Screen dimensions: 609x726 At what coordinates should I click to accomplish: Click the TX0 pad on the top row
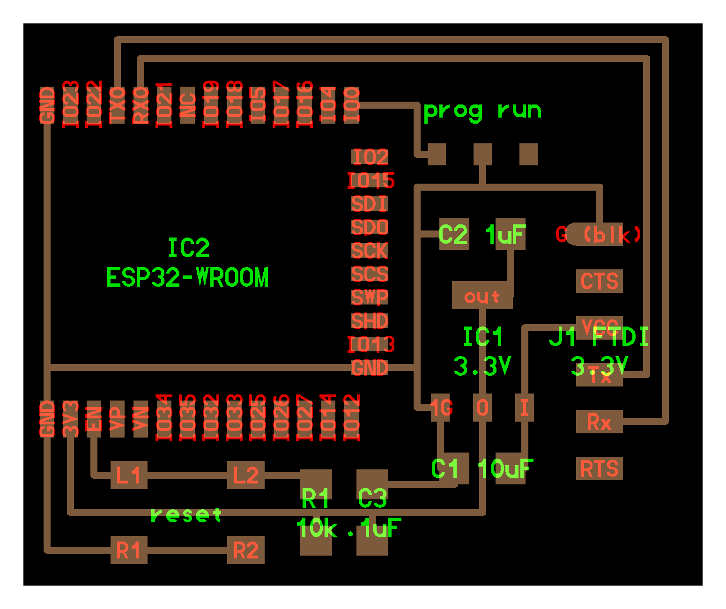[x=117, y=105]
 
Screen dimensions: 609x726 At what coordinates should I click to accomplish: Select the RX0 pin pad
[x=141, y=105]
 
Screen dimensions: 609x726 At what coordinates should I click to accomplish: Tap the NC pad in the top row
[x=187, y=105]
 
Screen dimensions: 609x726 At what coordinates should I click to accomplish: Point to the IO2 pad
[x=370, y=157]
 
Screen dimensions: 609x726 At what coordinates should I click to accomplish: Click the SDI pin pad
[x=370, y=204]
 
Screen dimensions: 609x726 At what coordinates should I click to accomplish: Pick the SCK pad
[x=370, y=251]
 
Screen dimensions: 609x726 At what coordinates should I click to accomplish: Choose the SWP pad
[x=370, y=298]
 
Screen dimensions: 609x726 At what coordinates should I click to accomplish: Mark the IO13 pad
[x=370, y=345]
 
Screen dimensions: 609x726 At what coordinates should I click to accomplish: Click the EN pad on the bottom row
[x=94, y=419]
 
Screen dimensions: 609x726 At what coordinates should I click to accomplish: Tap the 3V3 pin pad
[x=70, y=419]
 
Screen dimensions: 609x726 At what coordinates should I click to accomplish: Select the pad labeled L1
[x=129, y=475]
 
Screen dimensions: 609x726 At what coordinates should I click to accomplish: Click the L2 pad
[x=246, y=475]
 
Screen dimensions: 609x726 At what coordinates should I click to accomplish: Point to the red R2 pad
[x=246, y=550]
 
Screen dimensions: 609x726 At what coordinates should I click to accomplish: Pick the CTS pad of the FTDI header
[x=600, y=281]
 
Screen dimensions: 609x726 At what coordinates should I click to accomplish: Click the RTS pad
[x=600, y=468]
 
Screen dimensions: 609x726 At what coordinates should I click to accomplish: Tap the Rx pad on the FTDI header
[x=600, y=422]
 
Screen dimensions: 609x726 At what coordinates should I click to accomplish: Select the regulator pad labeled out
[x=482, y=296]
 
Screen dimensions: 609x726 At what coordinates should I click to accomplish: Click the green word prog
[x=452, y=111]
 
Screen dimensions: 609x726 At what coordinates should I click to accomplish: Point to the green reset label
[x=186, y=515]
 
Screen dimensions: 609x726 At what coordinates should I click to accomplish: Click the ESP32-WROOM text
[x=187, y=277]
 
